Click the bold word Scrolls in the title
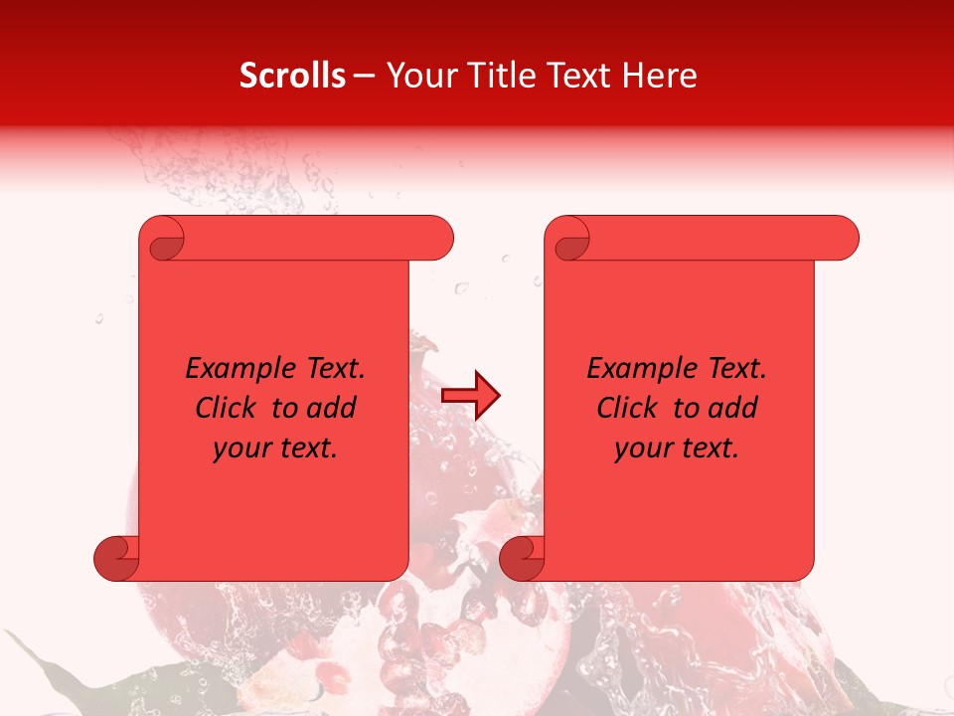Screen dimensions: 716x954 (292, 76)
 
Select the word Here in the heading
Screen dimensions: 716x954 (659, 76)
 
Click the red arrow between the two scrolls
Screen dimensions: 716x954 (471, 396)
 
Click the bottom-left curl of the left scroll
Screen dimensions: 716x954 (117, 558)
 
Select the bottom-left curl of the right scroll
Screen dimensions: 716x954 (523, 558)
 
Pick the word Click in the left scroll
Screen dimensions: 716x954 (229, 408)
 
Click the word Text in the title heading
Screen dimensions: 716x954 (576, 76)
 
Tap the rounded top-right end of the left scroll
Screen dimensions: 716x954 (437, 238)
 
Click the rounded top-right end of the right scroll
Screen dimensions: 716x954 (843, 238)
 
